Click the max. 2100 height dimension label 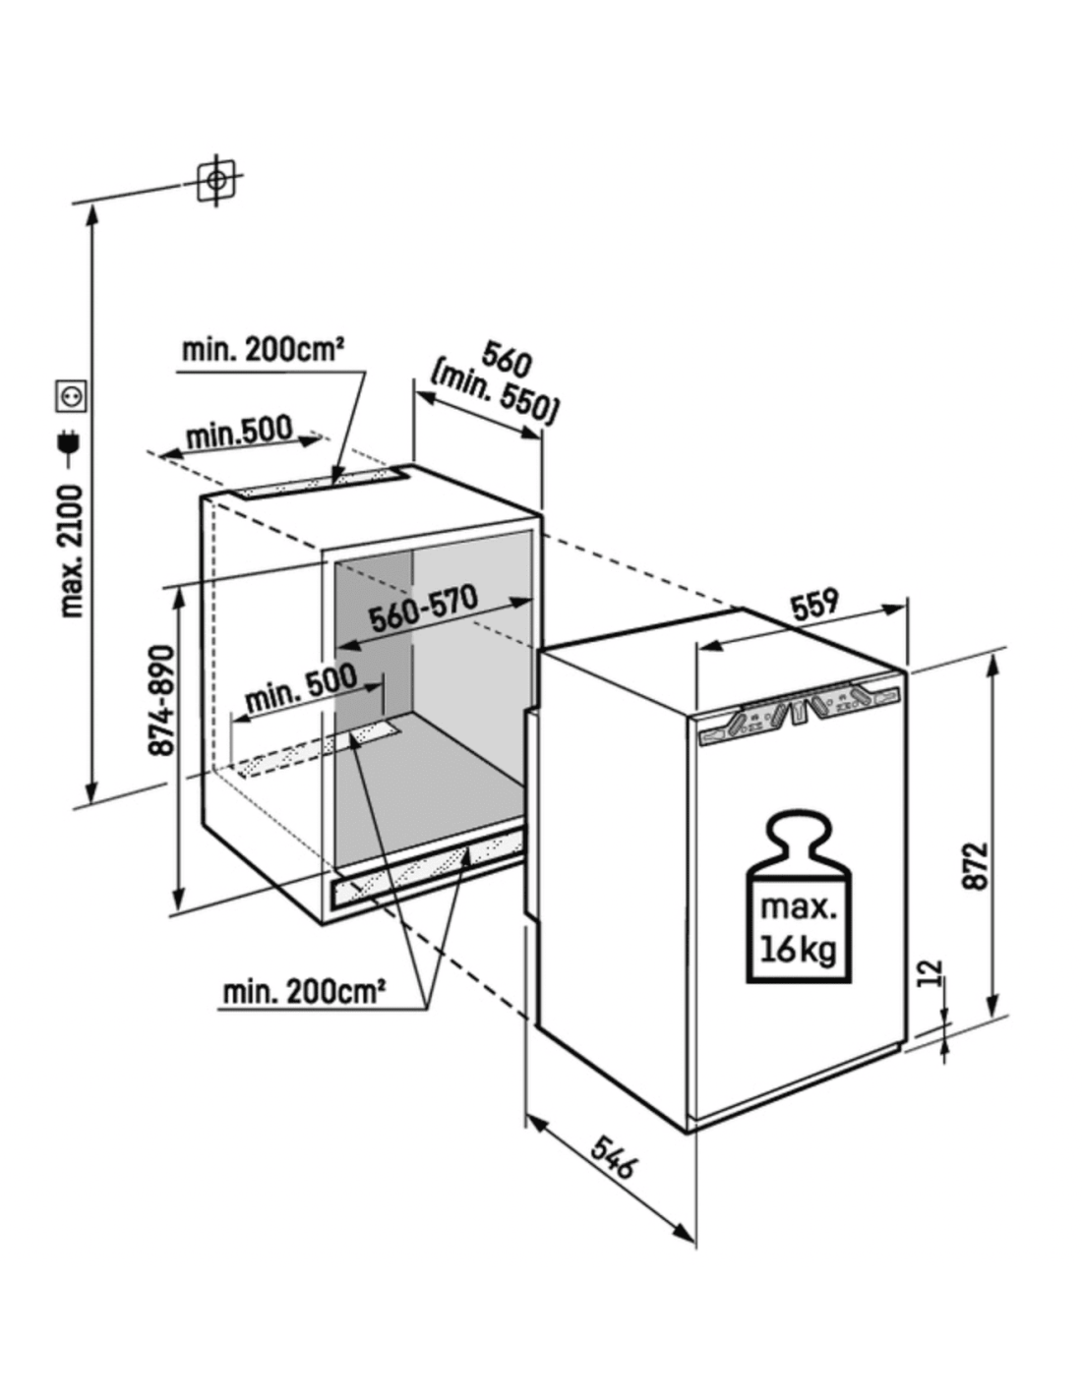tap(72, 551)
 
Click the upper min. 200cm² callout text tap(262, 351)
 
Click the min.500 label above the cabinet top tap(239, 433)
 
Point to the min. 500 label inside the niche tap(301, 688)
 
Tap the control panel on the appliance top tap(798, 713)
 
